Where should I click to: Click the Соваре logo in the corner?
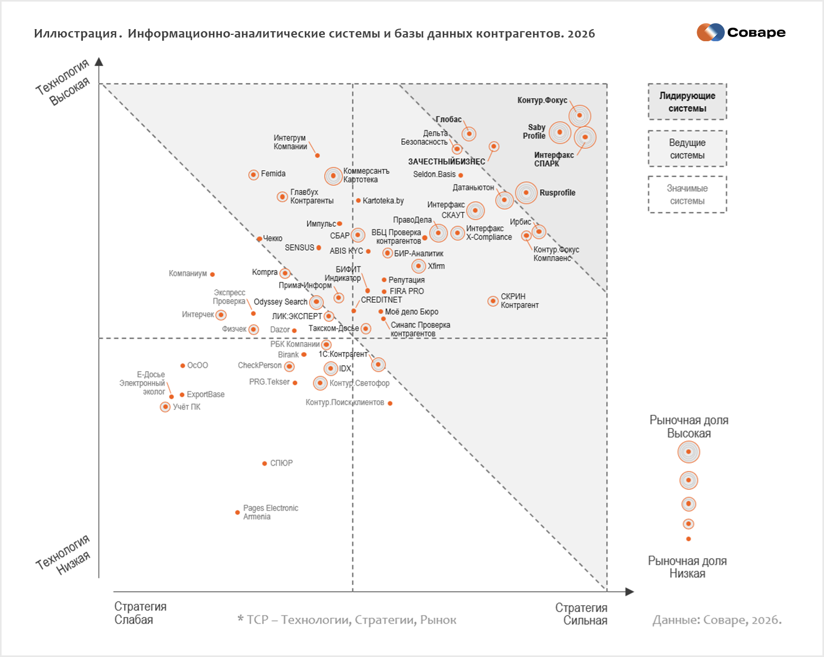(741, 33)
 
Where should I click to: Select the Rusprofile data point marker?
(526, 192)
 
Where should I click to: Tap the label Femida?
(273, 174)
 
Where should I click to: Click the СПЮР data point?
(264, 464)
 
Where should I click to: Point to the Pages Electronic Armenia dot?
(237, 513)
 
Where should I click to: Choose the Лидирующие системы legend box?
(687, 102)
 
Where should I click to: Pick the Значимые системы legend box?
(687, 195)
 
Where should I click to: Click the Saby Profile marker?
(560, 133)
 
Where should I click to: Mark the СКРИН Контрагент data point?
(492, 301)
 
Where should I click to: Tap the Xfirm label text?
(436, 266)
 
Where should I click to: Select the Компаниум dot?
(212, 274)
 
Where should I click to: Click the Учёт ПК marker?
(165, 406)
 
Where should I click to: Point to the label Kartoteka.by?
(383, 201)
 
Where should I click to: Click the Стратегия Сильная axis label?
(581, 614)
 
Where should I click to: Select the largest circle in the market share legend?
(688, 452)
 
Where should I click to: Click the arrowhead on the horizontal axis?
(630, 592)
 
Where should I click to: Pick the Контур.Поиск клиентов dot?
(390, 403)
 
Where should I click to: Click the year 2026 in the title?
(581, 34)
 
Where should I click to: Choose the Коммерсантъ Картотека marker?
(333, 176)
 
